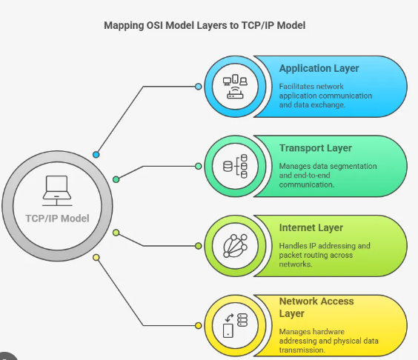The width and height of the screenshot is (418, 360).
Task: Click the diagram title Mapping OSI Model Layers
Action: pos(204,25)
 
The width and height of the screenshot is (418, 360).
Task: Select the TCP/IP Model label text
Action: pos(57,218)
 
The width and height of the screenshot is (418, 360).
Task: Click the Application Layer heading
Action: pos(319,68)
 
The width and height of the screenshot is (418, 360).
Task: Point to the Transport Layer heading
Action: pos(316,148)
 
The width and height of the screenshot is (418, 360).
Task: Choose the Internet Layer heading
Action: pos(312,228)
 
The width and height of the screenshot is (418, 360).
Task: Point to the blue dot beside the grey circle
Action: pos(96,154)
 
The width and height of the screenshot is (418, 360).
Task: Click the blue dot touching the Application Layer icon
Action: pos(198,87)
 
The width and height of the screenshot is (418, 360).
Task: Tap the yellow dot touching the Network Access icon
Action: pos(198,325)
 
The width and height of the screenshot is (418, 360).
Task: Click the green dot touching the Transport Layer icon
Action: pos(198,166)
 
